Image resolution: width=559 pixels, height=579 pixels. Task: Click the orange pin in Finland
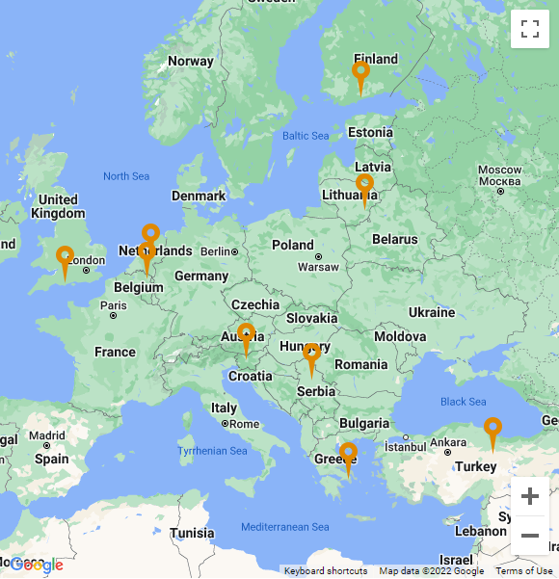click(x=360, y=72)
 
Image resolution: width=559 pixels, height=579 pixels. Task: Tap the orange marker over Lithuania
click(x=364, y=185)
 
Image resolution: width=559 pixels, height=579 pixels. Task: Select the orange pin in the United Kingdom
click(x=65, y=257)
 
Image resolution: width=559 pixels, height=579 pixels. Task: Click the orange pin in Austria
click(x=246, y=335)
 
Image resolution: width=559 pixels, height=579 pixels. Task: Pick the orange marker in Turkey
click(x=492, y=429)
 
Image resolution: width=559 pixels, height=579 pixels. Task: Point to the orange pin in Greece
click(x=348, y=454)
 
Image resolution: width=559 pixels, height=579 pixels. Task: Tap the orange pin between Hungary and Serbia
click(x=311, y=355)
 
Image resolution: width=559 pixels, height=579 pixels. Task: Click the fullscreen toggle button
click(x=529, y=28)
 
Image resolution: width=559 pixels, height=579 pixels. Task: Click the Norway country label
click(x=191, y=61)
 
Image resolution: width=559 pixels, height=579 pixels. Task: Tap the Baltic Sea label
click(x=306, y=136)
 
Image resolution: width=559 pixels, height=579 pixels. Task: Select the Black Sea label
click(x=463, y=402)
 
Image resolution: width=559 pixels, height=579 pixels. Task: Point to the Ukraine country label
click(x=431, y=312)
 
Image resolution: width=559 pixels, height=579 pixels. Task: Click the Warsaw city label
click(x=318, y=267)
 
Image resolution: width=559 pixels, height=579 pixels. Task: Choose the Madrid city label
click(x=47, y=435)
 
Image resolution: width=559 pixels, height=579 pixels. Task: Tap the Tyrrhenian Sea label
click(x=212, y=451)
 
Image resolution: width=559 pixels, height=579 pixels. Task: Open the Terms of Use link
click(x=524, y=571)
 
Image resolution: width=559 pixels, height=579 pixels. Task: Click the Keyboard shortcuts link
click(x=326, y=571)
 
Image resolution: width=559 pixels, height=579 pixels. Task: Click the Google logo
click(x=37, y=566)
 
